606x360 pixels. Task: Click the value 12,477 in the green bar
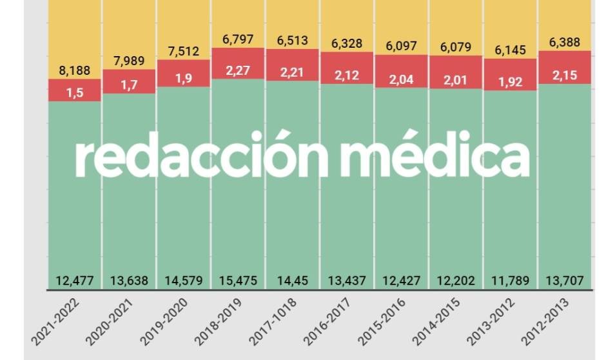point(75,281)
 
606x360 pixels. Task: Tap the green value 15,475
point(238,281)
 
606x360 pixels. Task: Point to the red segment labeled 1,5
point(75,93)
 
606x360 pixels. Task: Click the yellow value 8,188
point(75,70)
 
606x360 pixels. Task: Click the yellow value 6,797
point(238,39)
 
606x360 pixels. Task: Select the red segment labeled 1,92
point(511,82)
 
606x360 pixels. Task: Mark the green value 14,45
point(293,281)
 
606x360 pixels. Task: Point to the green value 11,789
point(511,281)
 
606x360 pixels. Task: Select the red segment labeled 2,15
point(565,75)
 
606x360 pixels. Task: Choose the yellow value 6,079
point(456,47)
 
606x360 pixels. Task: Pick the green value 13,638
point(129,281)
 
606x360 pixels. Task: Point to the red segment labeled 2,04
point(401,80)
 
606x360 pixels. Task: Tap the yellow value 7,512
point(184,52)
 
